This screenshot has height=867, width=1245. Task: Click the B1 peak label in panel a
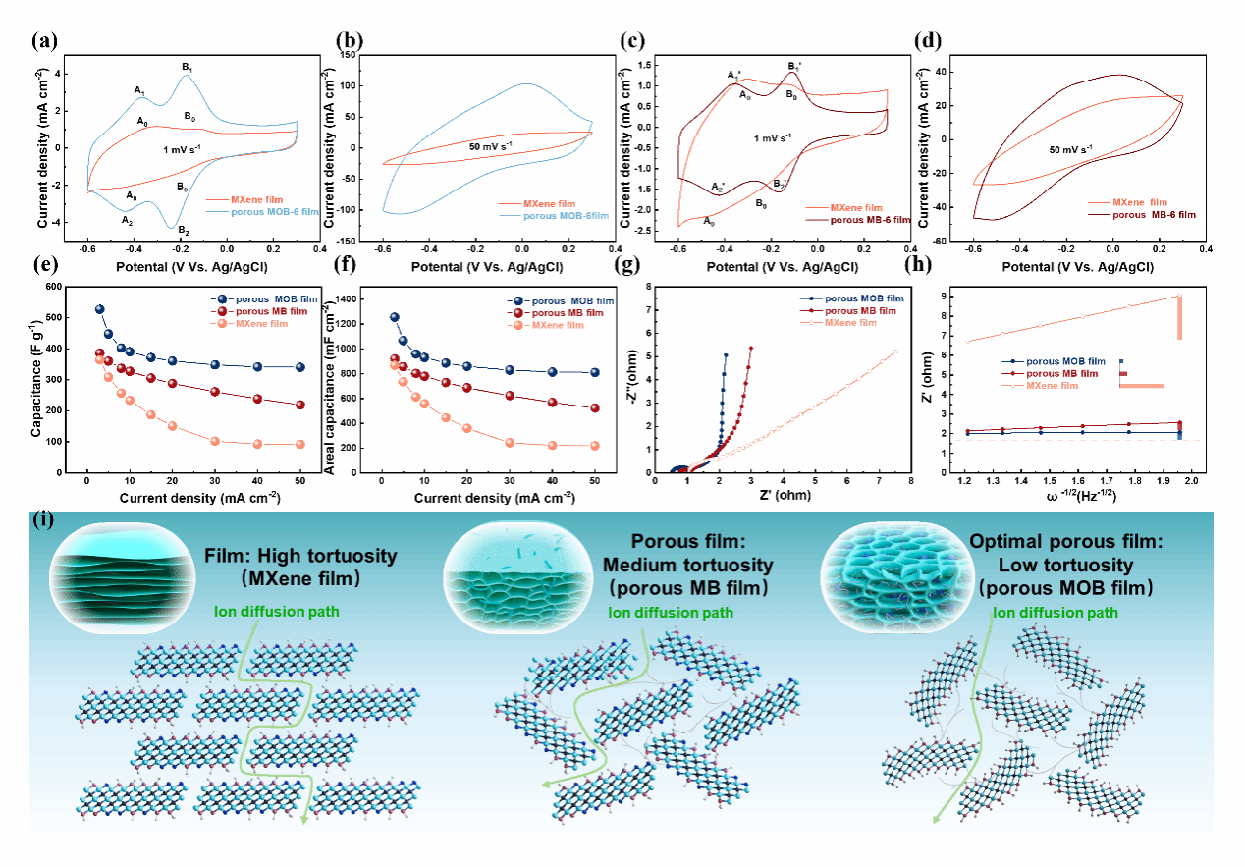[x=186, y=67]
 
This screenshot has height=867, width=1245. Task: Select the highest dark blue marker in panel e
[x=99, y=309]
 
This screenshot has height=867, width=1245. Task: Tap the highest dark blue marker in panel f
[x=395, y=317]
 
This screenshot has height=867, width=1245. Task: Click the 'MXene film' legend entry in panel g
[x=853, y=322]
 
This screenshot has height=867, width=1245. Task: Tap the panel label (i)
[x=43, y=520]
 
